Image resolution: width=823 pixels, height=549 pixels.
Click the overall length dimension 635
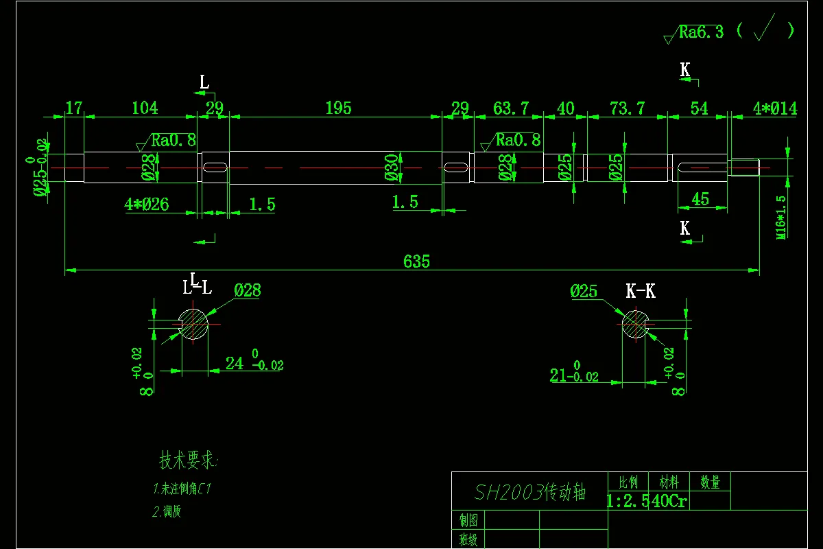tap(416, 261)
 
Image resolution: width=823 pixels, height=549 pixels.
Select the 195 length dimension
tap(338, 108)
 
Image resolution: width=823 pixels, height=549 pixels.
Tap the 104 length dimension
tap(145, 108)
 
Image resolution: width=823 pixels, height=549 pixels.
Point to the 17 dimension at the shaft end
tap(74, 108)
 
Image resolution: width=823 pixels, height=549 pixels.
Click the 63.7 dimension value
tap(511, 108)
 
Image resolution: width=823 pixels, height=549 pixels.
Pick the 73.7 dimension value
tap(627, 108)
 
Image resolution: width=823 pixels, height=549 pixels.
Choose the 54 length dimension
tap(699, 108)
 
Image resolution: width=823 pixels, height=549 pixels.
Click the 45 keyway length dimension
tap(700, 199)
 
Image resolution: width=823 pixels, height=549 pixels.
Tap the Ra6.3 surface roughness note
tap(700, 32)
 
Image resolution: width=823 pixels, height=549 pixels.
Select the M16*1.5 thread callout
tap(780, 217)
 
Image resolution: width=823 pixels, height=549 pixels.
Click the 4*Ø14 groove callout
tap(775, 108)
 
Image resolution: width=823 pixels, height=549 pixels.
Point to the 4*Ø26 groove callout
tap(147, 205)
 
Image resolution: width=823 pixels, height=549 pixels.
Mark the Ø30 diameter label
tap(392, 167)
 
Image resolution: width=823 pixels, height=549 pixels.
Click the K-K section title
tap(641, 291)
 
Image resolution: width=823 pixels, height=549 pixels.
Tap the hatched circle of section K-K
tap(635, 324)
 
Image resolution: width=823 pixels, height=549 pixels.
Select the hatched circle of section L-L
tap(193, 324)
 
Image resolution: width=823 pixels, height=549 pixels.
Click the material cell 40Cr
tap(669, 501)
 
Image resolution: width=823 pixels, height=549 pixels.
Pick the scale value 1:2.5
tap(628, 501)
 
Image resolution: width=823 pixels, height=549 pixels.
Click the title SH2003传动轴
tap(530, 492)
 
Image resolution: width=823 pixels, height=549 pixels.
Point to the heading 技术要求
tap(188, 460)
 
